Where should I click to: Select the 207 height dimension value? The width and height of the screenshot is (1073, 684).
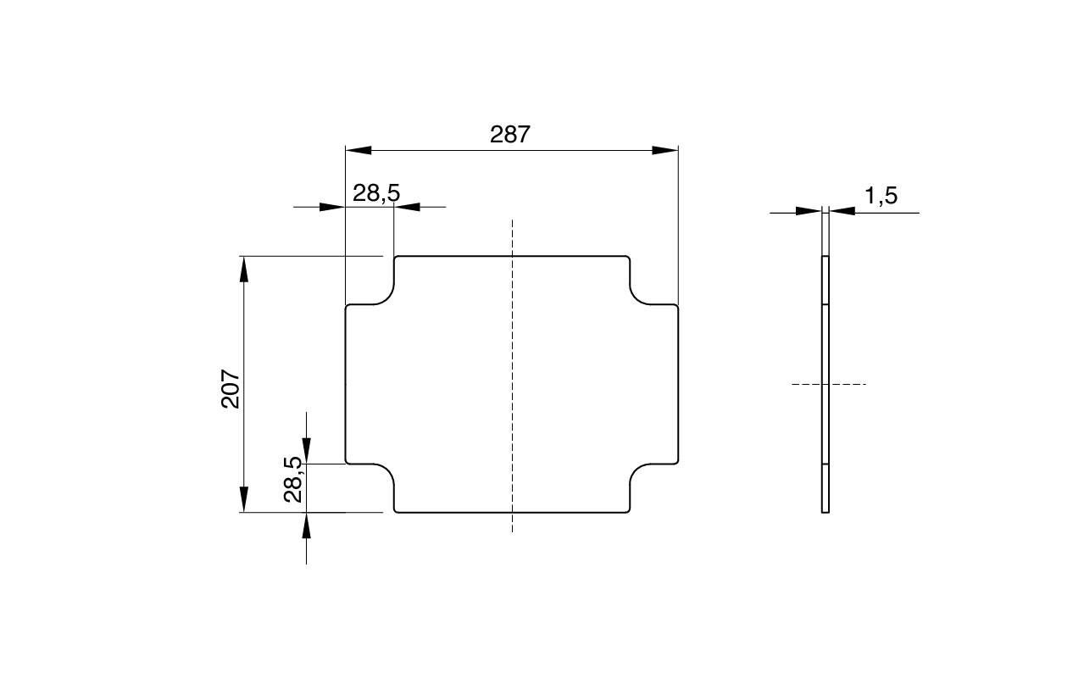pos(231,388)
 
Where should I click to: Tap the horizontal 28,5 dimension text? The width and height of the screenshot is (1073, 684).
pos(375,193)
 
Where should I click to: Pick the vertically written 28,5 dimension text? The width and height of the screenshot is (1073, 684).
pos(293,480)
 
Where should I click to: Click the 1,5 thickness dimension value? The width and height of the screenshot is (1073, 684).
pos(881,197)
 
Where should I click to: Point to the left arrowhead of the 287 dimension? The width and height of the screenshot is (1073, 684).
pos(359,150)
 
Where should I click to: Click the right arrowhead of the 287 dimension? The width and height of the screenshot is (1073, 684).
pos(665,150)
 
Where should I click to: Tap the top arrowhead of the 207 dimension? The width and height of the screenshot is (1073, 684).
pos(244,269)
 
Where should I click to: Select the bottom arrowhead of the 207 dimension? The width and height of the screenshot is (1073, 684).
pos(244,498)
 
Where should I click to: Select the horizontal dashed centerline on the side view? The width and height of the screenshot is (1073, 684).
pos(828,385)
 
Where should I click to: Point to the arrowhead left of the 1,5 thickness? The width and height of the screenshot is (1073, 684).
pos(809,212)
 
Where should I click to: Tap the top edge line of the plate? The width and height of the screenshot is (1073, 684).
pos(512,255)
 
